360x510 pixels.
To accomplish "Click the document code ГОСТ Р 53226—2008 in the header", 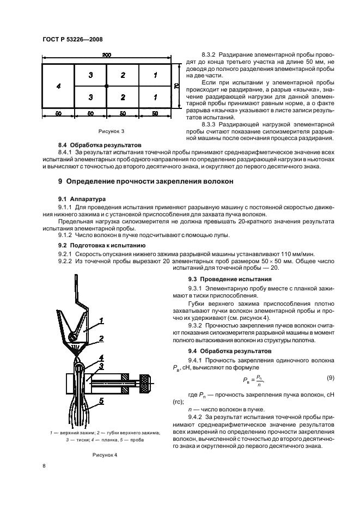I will click(72, 39).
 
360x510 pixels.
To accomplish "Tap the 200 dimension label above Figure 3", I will click(107, 55).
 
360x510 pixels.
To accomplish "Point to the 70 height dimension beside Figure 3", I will click(176, 86).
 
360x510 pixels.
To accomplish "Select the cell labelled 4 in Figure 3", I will click(58, 86).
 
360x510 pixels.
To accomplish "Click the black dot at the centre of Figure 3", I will click(107, 86).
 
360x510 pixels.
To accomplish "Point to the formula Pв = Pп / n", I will click(254, 380).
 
